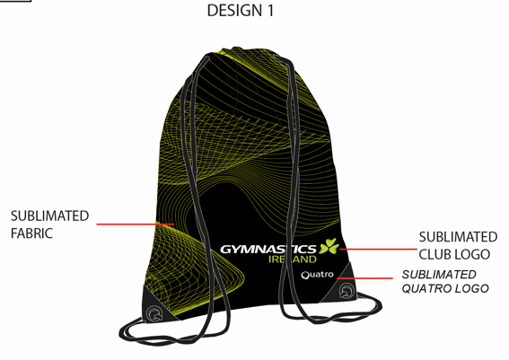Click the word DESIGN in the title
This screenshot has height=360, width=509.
(234, 11)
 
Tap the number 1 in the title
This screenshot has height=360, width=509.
(270, 11)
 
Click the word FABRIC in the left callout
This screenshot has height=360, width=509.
(31, 233)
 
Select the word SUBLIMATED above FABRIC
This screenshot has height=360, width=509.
(49, 215)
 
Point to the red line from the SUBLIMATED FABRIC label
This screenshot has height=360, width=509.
(136, 224)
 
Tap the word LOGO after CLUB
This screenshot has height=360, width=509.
(472, 254)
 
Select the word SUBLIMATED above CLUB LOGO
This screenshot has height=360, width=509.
(458, 237)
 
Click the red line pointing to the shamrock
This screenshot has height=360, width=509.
(378, 250)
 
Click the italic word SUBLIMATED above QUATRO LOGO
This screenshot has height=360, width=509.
(439, 275)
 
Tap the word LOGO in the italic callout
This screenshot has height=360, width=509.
(471, 288)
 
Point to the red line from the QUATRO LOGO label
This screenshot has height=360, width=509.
(364, 278)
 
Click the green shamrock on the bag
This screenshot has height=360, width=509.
(329, 246)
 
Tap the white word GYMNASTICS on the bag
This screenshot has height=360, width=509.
(268, 250)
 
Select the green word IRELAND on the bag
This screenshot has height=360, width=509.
(293, 259)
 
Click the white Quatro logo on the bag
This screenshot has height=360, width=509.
(317, 275)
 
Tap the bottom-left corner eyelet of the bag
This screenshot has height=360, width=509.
(154, 313)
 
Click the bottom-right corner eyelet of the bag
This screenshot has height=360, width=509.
(346, 291)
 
